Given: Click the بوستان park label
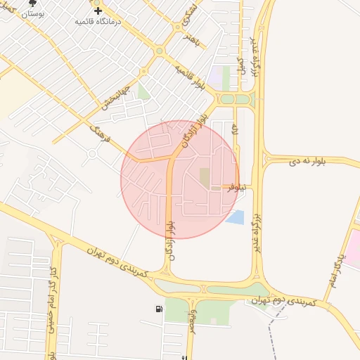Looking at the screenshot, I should [32, 13].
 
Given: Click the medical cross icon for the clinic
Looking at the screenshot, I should [98, 11].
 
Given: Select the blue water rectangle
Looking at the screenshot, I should [235, 217].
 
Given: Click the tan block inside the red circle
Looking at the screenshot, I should [205, 177].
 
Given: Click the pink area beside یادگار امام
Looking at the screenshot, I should [353, 250].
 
